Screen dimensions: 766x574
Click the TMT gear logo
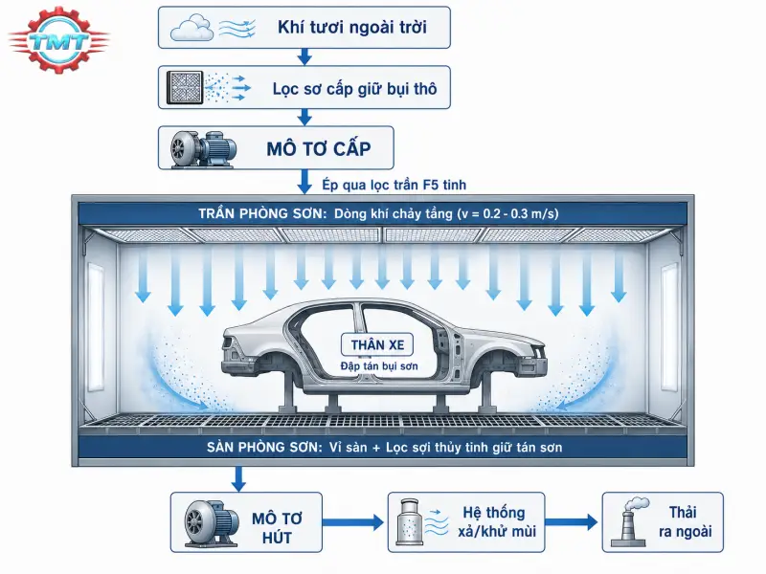point(58,40)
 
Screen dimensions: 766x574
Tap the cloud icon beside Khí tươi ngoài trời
point(191,28)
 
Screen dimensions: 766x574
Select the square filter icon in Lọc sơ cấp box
point(185,87)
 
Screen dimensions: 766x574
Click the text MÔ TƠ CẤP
point(319,149)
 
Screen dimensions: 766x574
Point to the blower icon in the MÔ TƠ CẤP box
point(203,148)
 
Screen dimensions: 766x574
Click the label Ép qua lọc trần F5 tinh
point(394,185)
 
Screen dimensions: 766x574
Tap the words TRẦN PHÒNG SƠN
point(262,213)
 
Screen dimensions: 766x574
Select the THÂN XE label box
point(377,344)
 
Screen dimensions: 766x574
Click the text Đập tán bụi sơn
point(379,366)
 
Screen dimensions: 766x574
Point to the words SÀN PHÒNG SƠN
point(264,447)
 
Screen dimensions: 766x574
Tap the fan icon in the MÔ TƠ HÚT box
point(211,522)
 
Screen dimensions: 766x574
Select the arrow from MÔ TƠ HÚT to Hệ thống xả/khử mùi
point(352,522)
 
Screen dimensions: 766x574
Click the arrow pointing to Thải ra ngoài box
point(571,522)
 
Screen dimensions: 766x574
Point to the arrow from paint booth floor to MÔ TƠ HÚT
point(237,479)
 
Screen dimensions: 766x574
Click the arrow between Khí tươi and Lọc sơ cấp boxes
point(304,56)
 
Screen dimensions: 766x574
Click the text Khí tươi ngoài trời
point(352,28)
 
